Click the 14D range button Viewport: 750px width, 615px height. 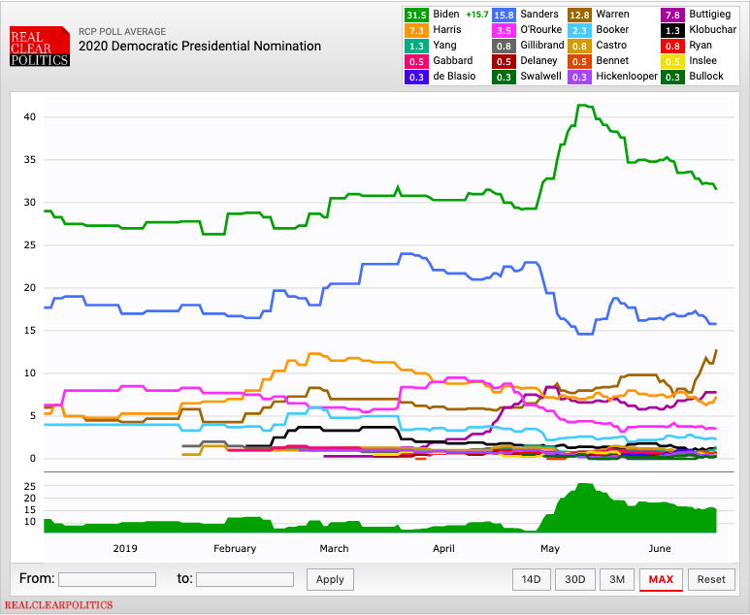pyautogui.click(x=531, y=579)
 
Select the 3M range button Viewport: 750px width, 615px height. pyautogui.click(x=616, y=579)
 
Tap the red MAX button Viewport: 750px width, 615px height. pyautogui.click(x=661, y=579)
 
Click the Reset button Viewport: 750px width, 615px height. pyautogui.click(x=710, y=579)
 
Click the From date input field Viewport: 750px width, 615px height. pyautogui.click(x=107, y=579)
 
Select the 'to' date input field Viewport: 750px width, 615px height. pyautogui.click(x=245, y=579)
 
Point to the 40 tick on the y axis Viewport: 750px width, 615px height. pyautogui.click(x=29, y=117)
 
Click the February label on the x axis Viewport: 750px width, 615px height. pyautogui.click(x=235, y=548)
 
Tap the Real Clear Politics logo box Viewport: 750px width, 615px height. pyautogui.click(x=39, y=47)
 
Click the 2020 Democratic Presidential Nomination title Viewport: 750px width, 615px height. pyautogui.click(x=199, y=46)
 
